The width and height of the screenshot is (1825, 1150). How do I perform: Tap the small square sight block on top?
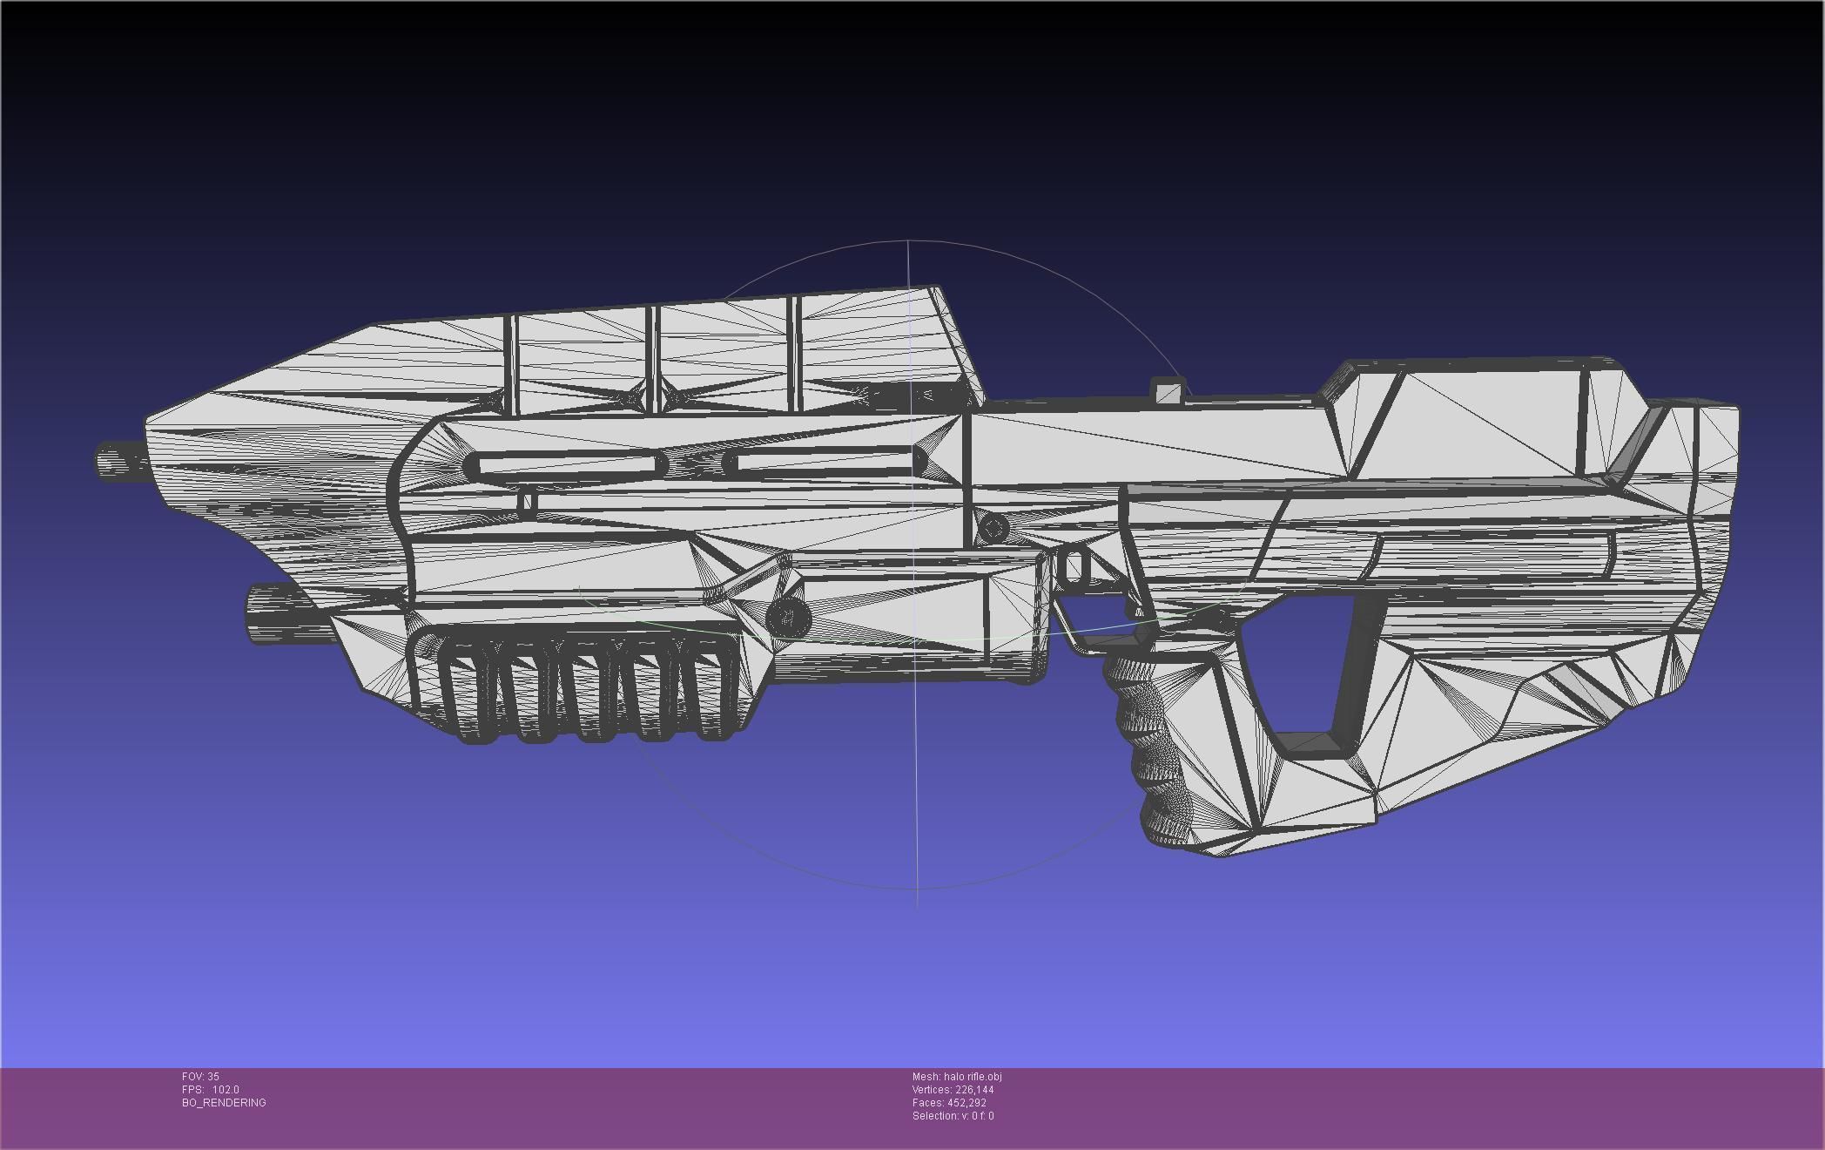tap(1168, 391)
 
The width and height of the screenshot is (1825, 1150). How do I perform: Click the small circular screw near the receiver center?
tap(993, 527)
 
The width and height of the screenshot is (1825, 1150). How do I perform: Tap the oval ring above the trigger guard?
tap(1074, 567)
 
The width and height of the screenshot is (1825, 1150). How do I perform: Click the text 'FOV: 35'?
tap(200, 1077)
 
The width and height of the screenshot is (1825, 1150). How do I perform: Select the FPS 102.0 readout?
tap(210, 1090)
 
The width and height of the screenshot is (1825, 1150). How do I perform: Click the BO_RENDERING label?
tap(224, 1103)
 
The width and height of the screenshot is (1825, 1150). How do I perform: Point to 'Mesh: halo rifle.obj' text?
tap(956, 1077)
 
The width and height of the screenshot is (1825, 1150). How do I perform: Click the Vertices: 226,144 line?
tap(953, 1090)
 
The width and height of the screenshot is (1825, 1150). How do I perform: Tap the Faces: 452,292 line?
tap(949, 1103)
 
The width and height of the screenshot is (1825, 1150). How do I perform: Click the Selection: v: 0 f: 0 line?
tap(953, 1116)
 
